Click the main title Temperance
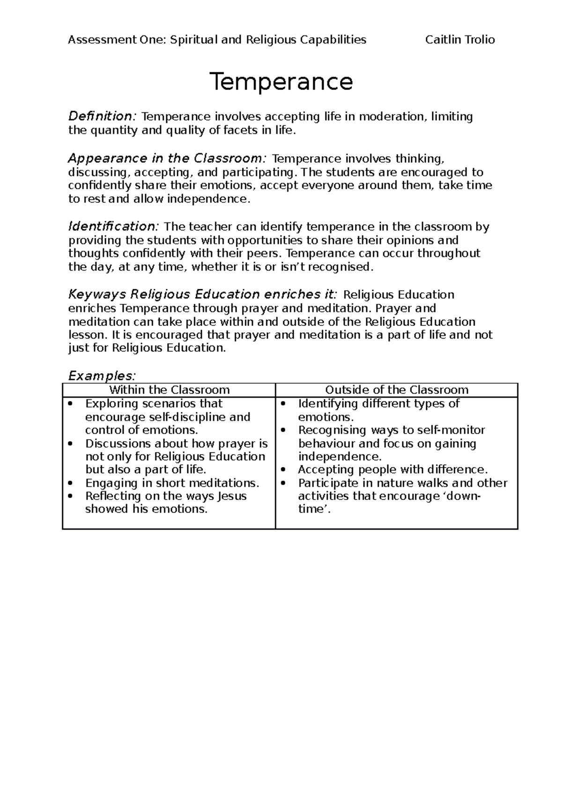click(281, 82)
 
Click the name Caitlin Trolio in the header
click(459, 40)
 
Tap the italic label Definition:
click(103, 116)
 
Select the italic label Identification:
click(114, 227)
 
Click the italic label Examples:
click(102, 375)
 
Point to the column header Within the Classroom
click(169, 390)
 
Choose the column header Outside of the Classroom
click(397, 390)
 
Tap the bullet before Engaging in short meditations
click(70, 483)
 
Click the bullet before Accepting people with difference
click(283, 470)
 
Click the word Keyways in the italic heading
click(97, 295)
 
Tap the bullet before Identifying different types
click(283, 404)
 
